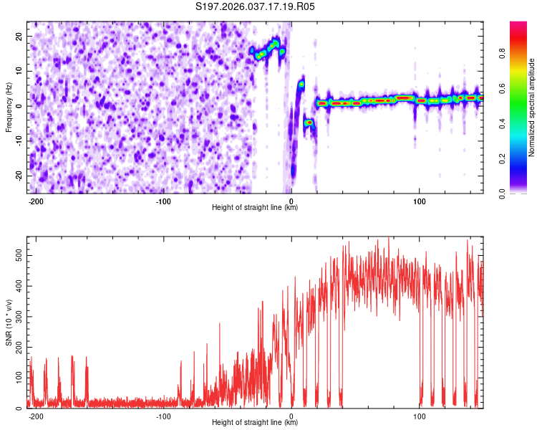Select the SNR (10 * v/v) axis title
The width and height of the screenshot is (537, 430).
coord(9,322)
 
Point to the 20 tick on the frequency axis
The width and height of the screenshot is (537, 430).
coord(19,36)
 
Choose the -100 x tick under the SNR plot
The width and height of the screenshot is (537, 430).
coord(164,416)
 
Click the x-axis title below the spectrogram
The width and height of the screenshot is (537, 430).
coord(255,208)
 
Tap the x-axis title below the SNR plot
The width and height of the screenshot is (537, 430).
coord(255,423)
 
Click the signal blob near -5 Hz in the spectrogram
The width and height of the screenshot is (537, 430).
coord(309,123)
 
